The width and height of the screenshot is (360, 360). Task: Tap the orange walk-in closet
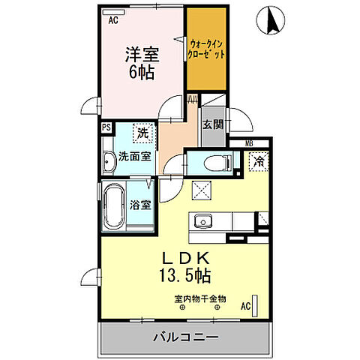(x=207, y=49)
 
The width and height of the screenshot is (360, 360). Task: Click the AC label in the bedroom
(x=113, y=21)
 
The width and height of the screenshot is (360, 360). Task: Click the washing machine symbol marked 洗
(x=142, y=133)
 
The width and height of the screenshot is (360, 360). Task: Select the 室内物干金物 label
(x=199, y=298)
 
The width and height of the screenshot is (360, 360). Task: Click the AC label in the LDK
(x=244, y=307)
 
